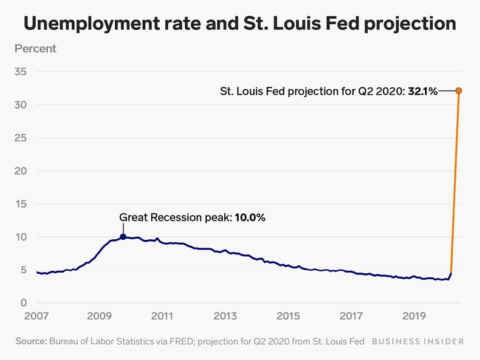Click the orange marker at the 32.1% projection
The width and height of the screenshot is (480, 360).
point(459,91)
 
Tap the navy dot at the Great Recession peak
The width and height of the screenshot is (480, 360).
point(123,237)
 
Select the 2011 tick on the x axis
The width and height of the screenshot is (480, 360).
point(162,316)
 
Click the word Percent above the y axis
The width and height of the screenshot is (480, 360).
point(35,49)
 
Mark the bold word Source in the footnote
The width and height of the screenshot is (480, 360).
point(31,341)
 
